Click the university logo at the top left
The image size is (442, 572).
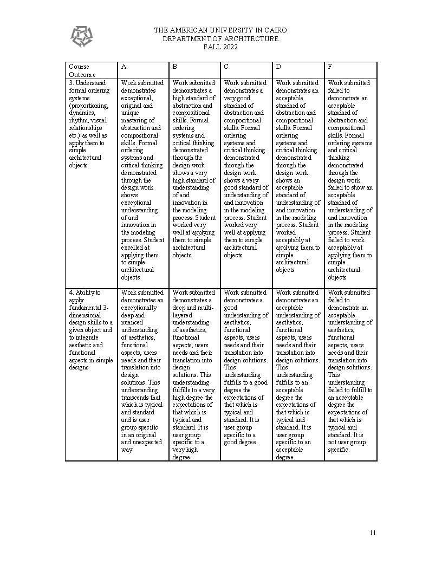click(81, 36)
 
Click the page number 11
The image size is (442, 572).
click(373, 532)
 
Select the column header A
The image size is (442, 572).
click(124, 67)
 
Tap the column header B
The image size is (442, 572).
click(175, 67)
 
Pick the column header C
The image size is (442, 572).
click(226, 67)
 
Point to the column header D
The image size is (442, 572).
click(278, 67)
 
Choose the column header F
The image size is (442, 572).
click(330, 67)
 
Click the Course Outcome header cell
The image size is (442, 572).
click(82, 70)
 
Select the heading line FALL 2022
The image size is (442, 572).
click(220, 47)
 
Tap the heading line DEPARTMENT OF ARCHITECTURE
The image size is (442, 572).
click(220, 39)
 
